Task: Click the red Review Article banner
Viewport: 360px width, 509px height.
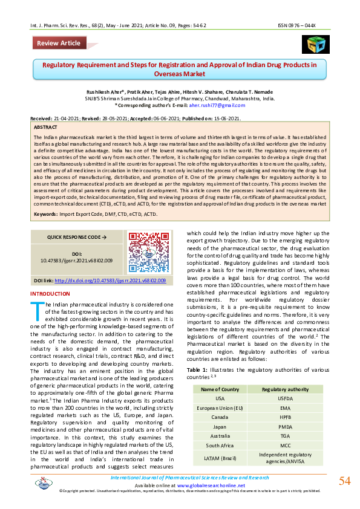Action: pyautogui.click(x=58, y=43)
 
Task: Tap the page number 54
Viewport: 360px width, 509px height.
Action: pyautogui.click(x=344, y=481)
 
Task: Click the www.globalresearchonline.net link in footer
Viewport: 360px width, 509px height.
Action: pyautogui.click(x=211, y=485)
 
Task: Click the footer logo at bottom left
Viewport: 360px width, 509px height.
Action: pyautogui.click(x=44, y=482)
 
